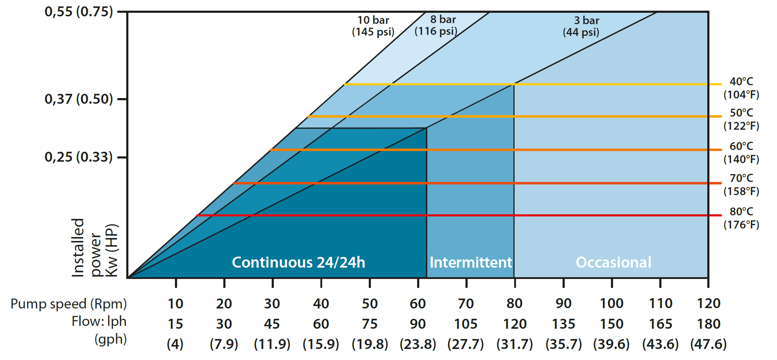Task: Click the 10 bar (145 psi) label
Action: click(x=373, y=26)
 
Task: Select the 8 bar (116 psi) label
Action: click(x=436, y=25)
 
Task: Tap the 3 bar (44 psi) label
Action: click(x=581, y=26)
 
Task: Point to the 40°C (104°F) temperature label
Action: click(x=741, y=88)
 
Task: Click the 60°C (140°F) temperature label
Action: click(x=741, y=152)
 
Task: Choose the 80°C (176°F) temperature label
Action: click(x=741, y=218)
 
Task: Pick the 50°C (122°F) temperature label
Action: click(x=741, y=119)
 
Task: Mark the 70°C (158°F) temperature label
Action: click(x=741, y=184)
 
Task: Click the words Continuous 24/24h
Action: click(x=298, y=262)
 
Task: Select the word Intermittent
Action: click(x=470, y=262)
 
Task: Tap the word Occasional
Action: click(x=613, y=262)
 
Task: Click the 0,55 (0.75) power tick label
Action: click(x=79, y=12)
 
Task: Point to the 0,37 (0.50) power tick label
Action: click(x=79, y=99)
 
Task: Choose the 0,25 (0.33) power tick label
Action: click(x=79, y=157)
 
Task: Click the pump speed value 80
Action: click(x=514, y=303)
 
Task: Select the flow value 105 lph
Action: click(x=466, y=324)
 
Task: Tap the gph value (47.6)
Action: click(x=708, y=344)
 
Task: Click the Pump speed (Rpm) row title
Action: click(x=69, y=304)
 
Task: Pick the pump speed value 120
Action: click(x=708, y=303)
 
